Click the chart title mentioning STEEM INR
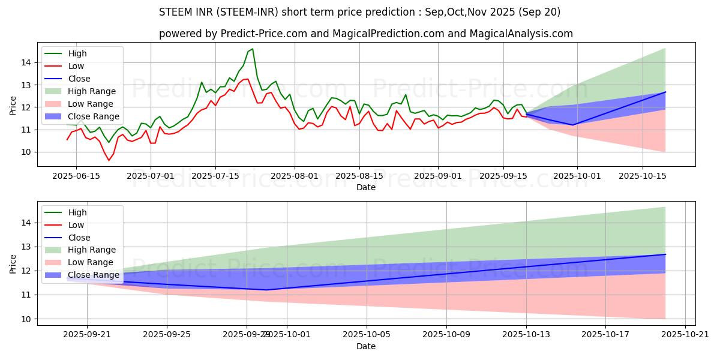359,12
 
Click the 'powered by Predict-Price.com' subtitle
365,34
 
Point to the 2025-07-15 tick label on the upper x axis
215,175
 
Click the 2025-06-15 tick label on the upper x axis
76,175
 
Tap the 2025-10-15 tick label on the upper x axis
643,175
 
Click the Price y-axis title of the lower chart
13,263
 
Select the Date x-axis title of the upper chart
365,187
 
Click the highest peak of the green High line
253,49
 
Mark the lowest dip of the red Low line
109,160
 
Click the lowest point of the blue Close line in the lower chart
266,290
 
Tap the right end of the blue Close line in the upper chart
665,92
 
